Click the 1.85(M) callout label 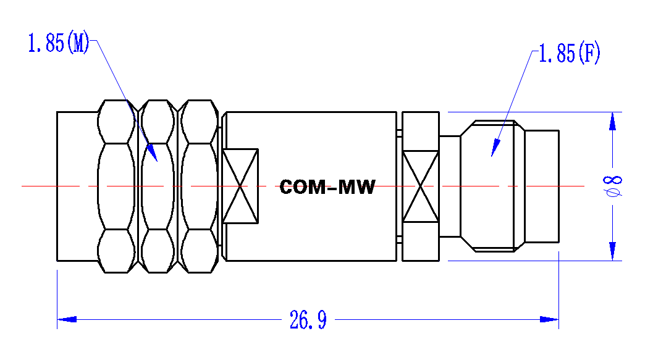(x=59, y=43)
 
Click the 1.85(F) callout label (x=570, y=53)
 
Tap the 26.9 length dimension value (x=308, y=320)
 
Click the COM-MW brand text (x=327, y=187)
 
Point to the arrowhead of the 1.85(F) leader (x=495, y=148)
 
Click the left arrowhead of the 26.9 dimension (x=67, y=319)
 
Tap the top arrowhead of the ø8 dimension (x=612, y=122)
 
